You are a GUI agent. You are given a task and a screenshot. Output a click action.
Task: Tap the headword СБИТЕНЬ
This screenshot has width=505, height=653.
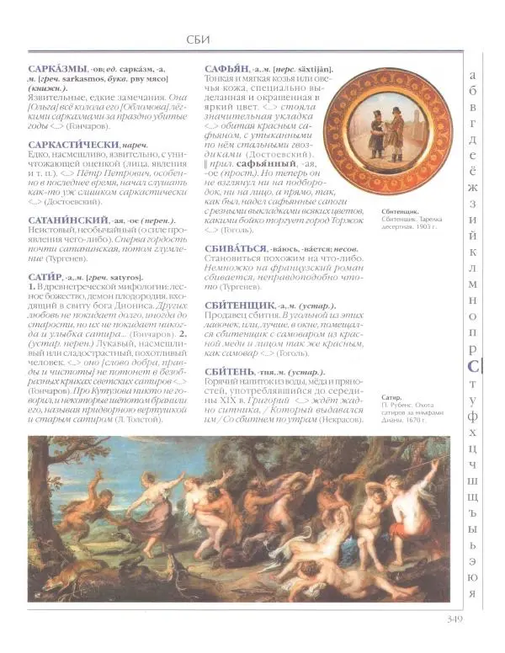[x=231, y=371]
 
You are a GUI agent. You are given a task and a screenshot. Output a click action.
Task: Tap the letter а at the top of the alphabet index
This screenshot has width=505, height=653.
[x=473, y=73]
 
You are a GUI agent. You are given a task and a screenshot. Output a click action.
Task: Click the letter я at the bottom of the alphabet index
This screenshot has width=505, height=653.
[x=473, y=592]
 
